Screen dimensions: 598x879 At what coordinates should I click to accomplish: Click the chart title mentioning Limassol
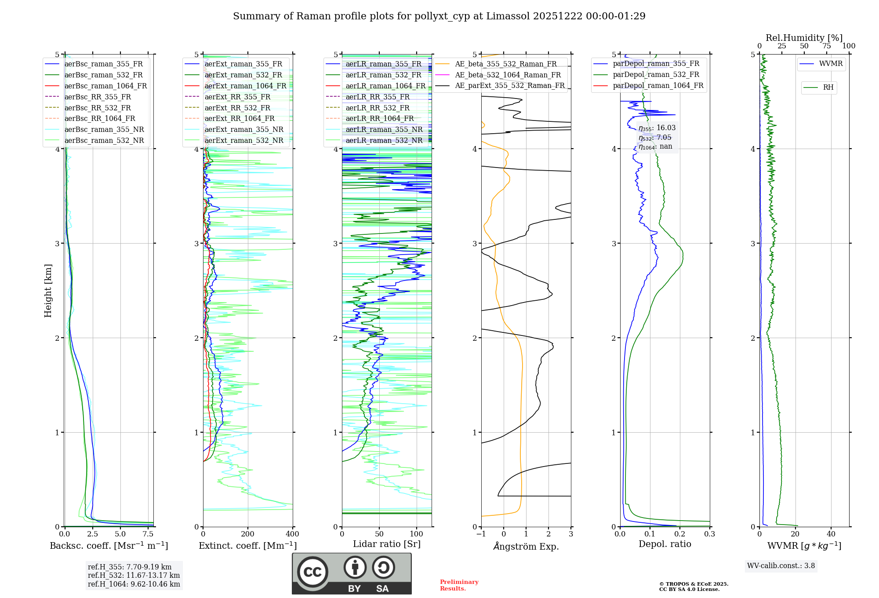[x=439, y=16]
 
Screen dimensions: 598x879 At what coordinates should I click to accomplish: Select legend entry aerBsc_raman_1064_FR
[x=105, y=86]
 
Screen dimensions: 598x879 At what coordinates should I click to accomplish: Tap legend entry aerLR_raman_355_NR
[x=384, y=130]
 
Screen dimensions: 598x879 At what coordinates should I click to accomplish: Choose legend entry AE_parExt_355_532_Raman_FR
[x=509, y=86]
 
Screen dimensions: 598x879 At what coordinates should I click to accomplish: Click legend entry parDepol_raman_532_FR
[x=656, y=75]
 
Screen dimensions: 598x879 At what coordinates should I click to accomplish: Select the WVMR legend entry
[x=830, y=64]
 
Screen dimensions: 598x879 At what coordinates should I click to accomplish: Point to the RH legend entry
[x=828, y=88]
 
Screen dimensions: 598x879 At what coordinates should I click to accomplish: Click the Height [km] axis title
[x=48, y=291]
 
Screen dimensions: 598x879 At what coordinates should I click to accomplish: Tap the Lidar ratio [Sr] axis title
[x=387, y=544]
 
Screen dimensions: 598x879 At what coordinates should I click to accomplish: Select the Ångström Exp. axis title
[x=526, y=546]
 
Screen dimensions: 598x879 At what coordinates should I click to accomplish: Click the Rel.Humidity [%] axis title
[x=804, y=38]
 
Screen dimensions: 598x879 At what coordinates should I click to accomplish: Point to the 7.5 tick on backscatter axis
[x=148, y=534]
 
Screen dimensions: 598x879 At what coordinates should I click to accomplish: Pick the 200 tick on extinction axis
[x=248, y=534]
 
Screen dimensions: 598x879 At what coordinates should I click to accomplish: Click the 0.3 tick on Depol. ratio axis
[x=709, y=534]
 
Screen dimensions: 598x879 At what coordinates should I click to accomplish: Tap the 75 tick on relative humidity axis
[x=826, y=46]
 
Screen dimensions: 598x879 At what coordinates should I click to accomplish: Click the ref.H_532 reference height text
[x=134, y=575]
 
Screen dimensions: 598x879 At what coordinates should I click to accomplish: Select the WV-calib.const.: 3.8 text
[x=781, y=566]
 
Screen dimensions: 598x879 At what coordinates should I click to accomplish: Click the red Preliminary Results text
[x=459, y=585]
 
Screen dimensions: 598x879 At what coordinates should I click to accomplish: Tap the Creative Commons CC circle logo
[x=312, y=572]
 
